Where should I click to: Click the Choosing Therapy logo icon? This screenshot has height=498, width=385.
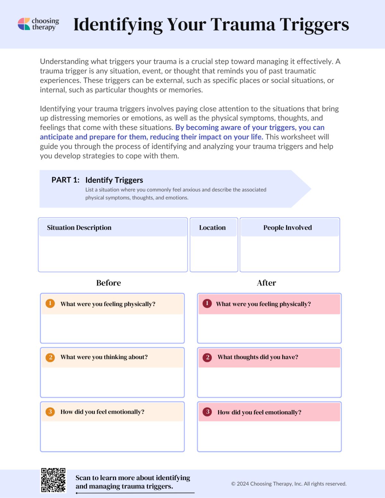click(x=24, y=24)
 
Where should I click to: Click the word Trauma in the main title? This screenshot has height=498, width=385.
click(x=243, y=24)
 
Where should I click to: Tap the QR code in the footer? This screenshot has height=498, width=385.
click(x=53, y=480)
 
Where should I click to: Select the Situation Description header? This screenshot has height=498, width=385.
click(x=79, y=228)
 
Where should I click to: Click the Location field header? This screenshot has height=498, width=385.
click(x=212, y=228)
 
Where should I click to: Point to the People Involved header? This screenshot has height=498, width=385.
click(x=287, y=228)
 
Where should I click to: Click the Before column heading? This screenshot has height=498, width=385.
click(x=108, y=283)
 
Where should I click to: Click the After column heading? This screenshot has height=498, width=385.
click(x=266, y=283)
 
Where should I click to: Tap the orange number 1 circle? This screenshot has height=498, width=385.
click(x=50, y=303)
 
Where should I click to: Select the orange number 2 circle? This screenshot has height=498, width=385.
click(x=50, y=357)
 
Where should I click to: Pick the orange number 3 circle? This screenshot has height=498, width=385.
click(x=50, y=412)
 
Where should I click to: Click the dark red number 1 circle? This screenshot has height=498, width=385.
click(x=207, y=303)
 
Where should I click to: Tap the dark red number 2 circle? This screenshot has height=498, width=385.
click(x=208, y=357)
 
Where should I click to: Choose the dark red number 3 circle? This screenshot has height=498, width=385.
click(x=208, y=412)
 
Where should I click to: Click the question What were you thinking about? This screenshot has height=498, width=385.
click(x=104, y=357)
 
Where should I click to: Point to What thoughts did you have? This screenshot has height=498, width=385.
click(x=258, y=357)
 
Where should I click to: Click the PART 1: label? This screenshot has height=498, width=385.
click(x=65, y=180)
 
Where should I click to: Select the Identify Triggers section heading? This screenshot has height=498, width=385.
click(x=114, y=180)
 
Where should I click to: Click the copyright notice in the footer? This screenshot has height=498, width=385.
click(x=289, y=484)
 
